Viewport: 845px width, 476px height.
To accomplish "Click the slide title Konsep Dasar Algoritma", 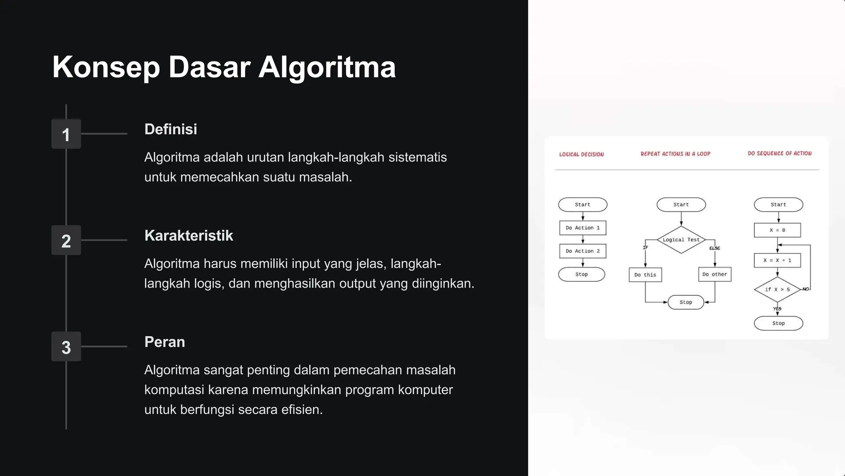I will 224,67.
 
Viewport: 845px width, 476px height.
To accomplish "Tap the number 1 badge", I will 66,134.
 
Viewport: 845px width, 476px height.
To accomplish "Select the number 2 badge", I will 66,240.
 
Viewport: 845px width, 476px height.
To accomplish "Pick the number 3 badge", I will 66,347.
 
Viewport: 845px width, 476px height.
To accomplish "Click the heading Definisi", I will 171,129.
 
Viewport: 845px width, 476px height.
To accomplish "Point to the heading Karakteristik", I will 189,236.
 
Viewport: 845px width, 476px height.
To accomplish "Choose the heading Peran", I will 165,342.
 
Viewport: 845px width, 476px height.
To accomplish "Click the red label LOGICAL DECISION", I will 581,155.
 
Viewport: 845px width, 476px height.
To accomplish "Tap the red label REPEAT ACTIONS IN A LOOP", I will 675,154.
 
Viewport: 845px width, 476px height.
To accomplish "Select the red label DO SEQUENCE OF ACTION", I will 779,153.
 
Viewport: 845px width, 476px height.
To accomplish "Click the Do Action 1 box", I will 583,228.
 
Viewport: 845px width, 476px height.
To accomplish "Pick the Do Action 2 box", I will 583,251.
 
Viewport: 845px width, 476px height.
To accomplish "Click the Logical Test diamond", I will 681,240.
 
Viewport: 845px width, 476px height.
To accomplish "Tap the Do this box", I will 645,275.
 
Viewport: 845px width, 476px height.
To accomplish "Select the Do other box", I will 715,274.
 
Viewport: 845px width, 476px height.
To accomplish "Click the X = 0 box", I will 777,230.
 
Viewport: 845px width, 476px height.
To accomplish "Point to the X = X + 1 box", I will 777,260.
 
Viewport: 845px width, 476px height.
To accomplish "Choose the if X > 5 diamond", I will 777,289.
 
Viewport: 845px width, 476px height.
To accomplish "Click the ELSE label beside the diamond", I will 715,248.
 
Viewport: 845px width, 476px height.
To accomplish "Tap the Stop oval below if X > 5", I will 779,323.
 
